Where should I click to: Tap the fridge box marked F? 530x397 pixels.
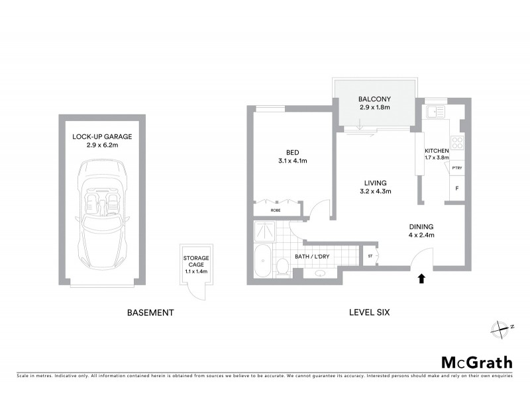tap(457, 189)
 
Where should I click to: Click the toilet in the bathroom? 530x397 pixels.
tap(282, 267)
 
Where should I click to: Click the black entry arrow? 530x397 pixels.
tap(421, 279)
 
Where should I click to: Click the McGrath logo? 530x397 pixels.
tap(476, 362)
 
